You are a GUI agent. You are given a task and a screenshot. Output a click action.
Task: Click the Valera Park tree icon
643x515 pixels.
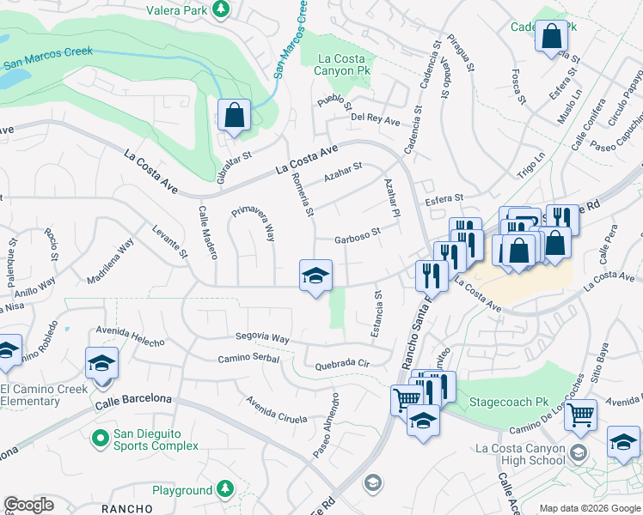coord(223,9)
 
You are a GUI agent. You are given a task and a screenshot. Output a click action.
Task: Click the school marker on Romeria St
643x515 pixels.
coord(315,276)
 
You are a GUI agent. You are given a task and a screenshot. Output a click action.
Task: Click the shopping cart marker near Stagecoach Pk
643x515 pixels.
coord(581,415)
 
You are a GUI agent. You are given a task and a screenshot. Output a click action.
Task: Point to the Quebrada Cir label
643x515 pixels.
coord(342,363)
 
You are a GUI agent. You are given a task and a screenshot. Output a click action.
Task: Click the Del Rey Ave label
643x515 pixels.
coord(376,120)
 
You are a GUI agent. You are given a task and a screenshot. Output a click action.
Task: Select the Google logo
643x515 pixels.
coord(29,505)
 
